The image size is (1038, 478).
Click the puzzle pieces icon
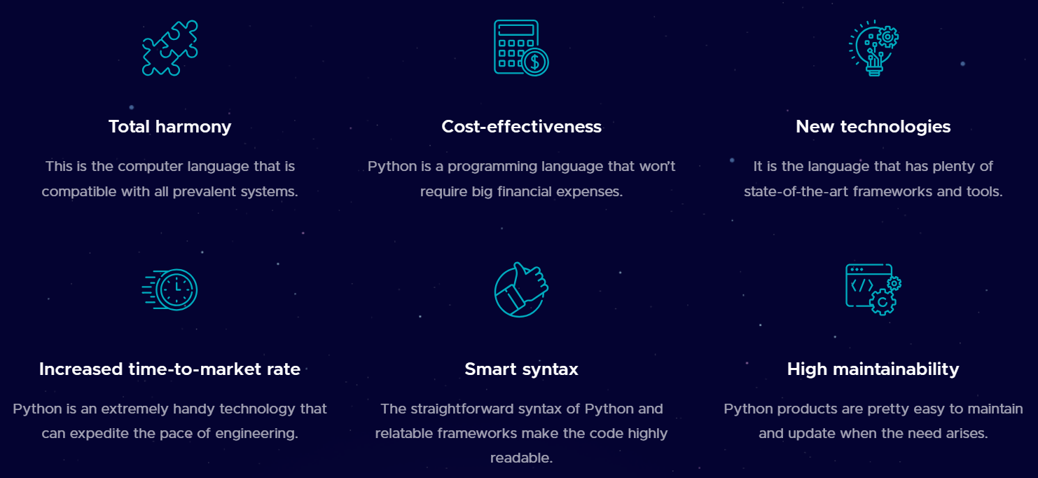pos(169,48)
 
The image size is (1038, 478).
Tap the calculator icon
pos(520,47)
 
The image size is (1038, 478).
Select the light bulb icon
pos(873,48)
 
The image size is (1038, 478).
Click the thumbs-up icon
pos(521,289)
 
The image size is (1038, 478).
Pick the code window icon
pos(873,289)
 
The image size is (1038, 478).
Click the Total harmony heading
pos(169,127)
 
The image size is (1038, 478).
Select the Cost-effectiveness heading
pos(521,127)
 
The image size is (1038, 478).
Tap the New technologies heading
pos(873,127)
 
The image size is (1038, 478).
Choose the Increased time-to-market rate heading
pos(169,369)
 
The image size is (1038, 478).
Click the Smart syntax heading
pos(521,369)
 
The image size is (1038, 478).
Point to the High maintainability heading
pos(873,369)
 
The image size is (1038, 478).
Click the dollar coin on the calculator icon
pos(536,62)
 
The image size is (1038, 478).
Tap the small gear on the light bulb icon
pos(888,36)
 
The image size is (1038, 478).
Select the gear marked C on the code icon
pos(883,302)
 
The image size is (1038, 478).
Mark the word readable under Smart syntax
pos(521,458)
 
